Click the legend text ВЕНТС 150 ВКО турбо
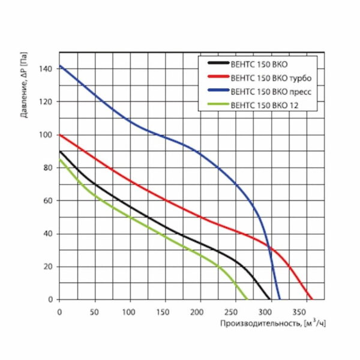point(270,77)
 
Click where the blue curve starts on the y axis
point(59,66)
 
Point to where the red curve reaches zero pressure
point(312,299)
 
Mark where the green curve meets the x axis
point(247,299)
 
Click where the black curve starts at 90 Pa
point(59,151)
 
